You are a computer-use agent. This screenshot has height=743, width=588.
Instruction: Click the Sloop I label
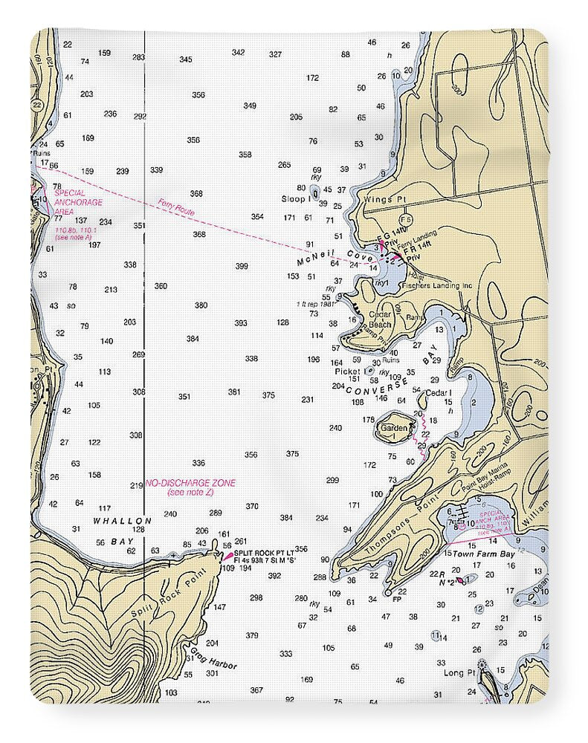[296, 199]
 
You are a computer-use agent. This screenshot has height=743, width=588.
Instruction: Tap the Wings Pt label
[378, 200]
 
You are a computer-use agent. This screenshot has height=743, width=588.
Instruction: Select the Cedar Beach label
[380, 319]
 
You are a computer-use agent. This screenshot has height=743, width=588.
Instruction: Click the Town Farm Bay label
[484, 554]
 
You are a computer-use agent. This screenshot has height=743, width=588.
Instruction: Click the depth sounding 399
[242, 266]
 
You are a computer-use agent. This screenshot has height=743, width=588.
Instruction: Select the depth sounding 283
[138, 57]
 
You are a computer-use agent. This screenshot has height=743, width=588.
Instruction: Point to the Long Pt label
[454, 672]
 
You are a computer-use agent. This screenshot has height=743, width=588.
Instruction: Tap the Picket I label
[349, 371]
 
